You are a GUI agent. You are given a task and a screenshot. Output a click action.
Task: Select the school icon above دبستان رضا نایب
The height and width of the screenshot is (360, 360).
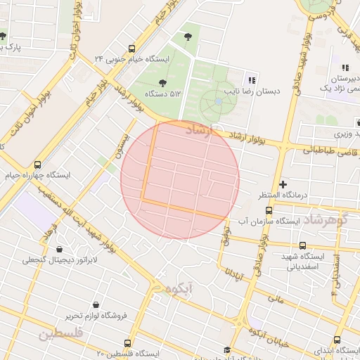point(252,79)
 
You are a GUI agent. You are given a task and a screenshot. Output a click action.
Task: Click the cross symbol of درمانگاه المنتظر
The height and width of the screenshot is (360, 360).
point(283,183)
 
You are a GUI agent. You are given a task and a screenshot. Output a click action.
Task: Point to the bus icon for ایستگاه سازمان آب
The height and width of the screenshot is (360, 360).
point(268,210)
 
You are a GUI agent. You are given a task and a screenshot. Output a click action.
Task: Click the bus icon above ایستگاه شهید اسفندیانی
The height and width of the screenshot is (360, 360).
point(302,245)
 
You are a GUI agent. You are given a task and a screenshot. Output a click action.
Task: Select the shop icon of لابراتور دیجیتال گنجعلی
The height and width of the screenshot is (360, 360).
point(58,249)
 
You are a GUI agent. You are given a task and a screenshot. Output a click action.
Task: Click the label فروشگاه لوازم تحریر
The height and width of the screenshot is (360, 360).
point(96,316)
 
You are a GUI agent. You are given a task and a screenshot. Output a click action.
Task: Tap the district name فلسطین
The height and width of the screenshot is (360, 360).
point(60,335)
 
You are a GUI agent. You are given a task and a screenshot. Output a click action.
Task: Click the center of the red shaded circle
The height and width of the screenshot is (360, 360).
point(180,179)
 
